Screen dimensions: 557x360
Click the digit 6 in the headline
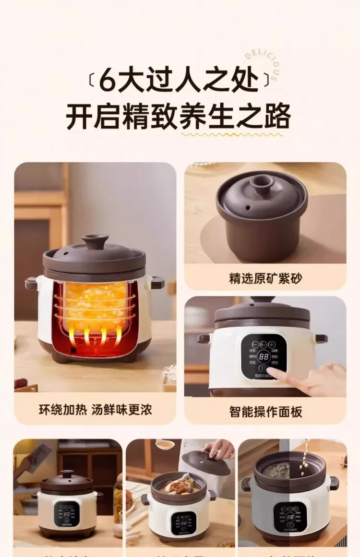pyautogui.click(x=107, y=80)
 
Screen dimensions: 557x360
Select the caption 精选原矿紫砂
pyautogui.click(x=265, y=278)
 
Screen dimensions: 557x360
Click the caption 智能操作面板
pyautogui.click(x=265, y=411)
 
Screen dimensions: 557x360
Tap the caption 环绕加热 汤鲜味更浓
pyautogui.click(x=95, y=411)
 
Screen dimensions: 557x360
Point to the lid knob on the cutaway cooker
pyautogui.click(x=95, y=240)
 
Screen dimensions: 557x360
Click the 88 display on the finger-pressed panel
pyautogui.click(x=264, y=356)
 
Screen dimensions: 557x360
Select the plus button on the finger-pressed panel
pyautogui.click(x=272, y=344)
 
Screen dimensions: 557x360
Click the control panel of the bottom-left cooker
pyautogui.click(x=67, y=514)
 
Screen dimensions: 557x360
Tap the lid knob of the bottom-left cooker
pyautogui.click(x=68, y=474)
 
